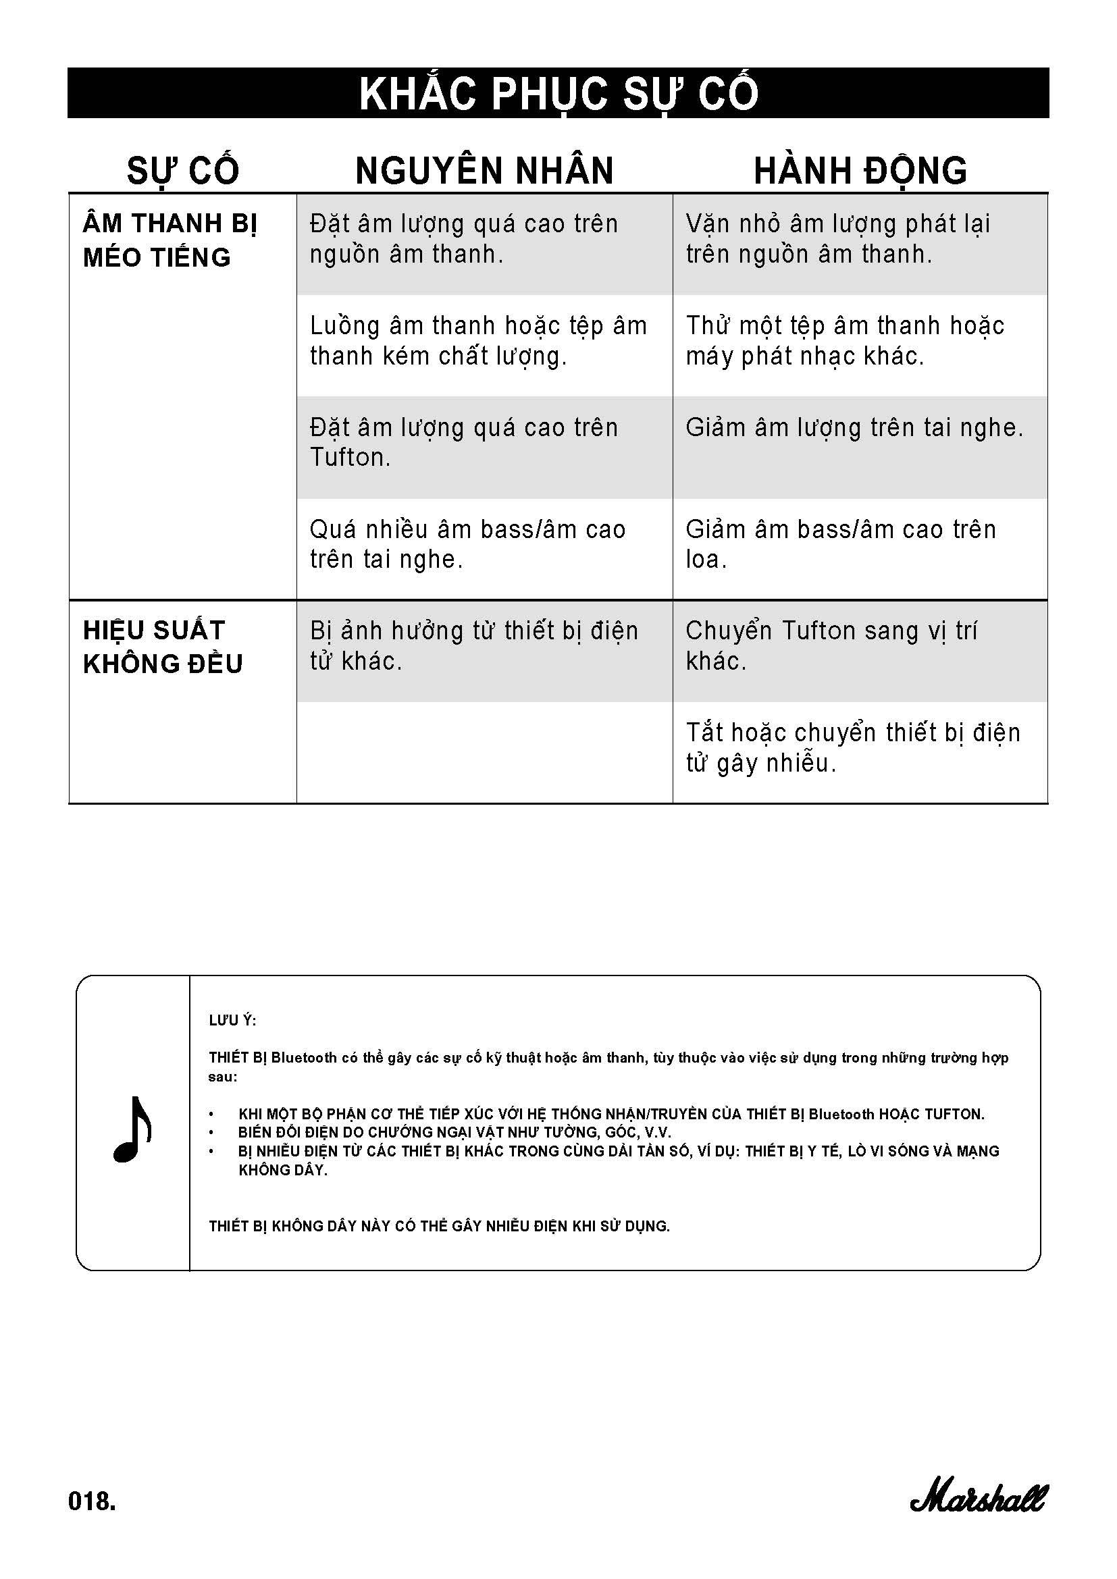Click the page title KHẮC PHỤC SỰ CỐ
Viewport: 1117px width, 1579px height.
(x=558, y=94)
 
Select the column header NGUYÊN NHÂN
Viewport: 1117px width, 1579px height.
(x=484, y=171)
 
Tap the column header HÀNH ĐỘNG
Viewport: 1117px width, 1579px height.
(x=860, y=171)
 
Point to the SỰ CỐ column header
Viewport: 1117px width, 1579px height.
(x=183, y=171)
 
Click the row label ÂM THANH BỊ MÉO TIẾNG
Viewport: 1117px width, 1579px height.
(x=170, y=240)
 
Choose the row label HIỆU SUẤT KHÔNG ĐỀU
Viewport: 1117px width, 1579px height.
(x=162, y=647)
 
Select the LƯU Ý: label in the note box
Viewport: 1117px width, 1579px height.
(x=232, y=1021)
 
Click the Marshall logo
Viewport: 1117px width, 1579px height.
(x=977, y=1498)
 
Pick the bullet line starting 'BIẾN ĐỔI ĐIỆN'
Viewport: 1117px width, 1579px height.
(x=454, y=1132)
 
